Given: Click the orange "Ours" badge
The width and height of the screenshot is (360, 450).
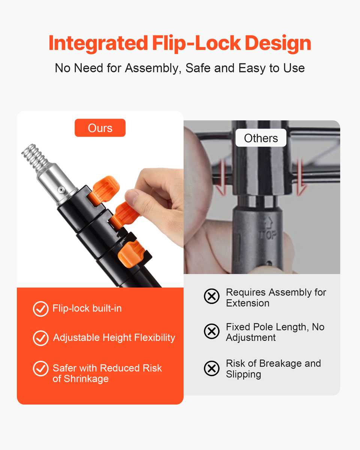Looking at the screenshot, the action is pos(100,128).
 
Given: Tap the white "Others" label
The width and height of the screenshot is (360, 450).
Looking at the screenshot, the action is pos(261,138).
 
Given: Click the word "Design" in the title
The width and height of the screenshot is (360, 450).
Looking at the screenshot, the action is pos(278,43).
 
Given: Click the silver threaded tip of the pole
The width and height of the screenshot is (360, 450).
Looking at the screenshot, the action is pos(34,156).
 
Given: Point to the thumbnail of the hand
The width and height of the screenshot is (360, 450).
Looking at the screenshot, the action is pos(132,196).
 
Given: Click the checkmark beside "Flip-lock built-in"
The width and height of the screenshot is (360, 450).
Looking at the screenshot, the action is pos(40,309).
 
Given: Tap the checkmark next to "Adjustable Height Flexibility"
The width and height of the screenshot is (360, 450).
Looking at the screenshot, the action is pos(40,338).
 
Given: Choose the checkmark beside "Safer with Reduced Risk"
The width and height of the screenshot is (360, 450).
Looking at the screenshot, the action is pos(40,369).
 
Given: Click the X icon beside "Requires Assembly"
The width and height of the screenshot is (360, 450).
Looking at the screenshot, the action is pos(211,296).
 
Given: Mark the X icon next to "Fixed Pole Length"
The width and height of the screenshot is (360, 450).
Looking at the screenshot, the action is pos(211,331).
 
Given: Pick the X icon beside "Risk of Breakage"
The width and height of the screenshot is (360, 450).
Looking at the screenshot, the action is pos(211,369).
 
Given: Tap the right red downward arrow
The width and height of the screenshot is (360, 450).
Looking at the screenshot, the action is pos(301,178).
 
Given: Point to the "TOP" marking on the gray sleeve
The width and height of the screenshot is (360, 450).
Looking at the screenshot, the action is pos(268,235).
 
